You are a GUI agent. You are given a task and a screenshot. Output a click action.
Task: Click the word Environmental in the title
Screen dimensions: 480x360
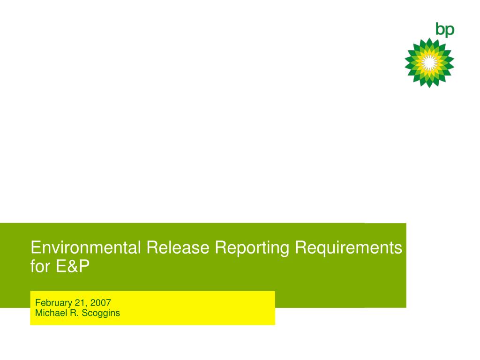86,247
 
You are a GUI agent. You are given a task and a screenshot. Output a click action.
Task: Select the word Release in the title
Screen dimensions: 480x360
178,247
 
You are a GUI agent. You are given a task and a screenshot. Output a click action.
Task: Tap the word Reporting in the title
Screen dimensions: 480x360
252,248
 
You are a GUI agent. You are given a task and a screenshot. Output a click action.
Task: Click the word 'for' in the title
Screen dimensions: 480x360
40,266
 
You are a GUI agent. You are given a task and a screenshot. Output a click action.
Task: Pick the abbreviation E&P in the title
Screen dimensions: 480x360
73,266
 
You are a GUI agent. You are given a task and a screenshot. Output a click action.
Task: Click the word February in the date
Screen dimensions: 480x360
53,303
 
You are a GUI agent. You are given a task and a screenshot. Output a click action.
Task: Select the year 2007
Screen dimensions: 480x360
100,303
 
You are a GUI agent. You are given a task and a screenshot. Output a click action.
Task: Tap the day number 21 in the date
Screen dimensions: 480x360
80,303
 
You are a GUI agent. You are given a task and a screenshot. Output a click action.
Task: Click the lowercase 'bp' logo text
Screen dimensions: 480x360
445,30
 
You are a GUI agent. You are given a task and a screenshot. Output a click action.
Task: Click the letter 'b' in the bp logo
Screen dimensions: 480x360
440,29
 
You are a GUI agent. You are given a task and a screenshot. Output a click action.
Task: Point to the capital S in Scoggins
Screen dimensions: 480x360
85,313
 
